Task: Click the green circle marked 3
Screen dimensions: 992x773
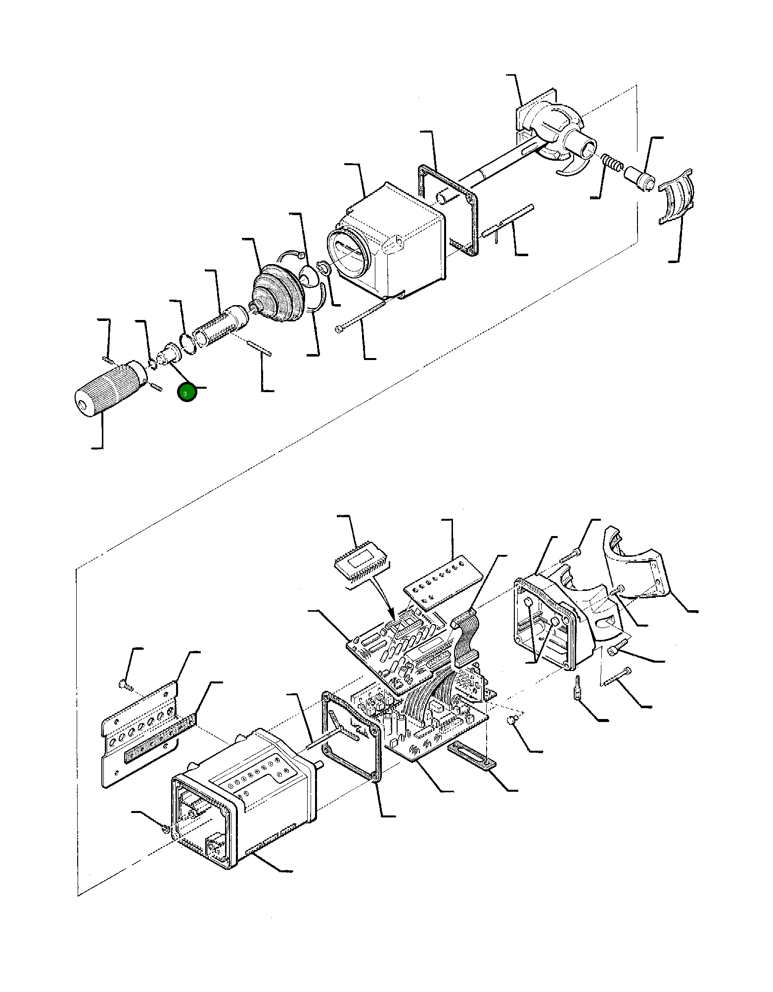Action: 187,393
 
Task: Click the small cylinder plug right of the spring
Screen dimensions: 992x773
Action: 639,178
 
